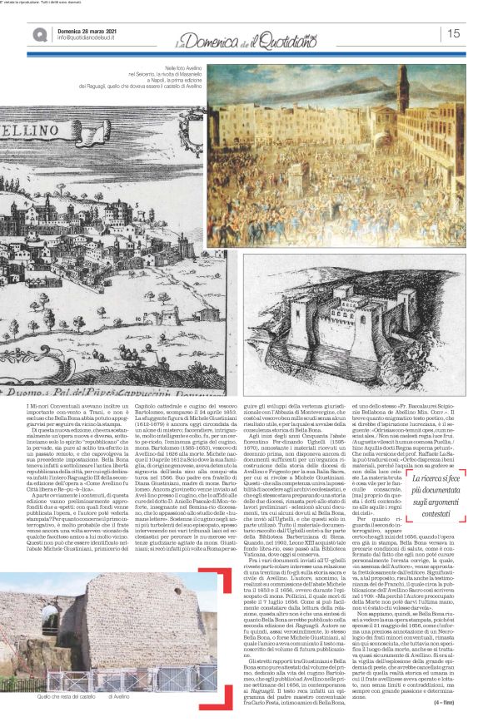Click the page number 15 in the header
(x=454, y=33)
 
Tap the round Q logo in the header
(x=17, y=33)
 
